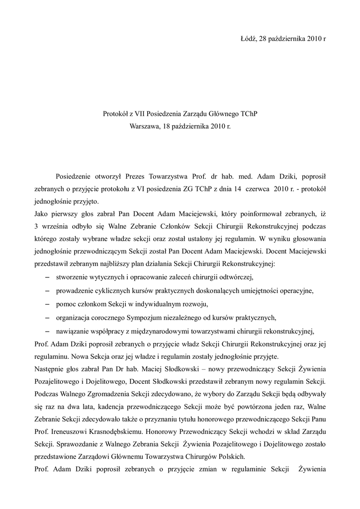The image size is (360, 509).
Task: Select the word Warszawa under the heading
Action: [x=145, y=126]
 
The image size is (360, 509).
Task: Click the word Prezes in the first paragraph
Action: [x=135, y=176]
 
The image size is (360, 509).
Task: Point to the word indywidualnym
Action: [x=162, y=303]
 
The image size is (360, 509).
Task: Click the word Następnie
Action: [x=51, y=369]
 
